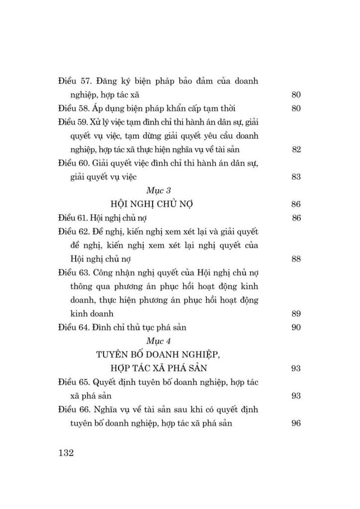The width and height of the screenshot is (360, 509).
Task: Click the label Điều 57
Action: pos(75,81)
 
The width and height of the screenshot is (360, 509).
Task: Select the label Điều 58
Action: pos(75,108)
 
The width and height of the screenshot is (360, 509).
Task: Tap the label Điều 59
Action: pos(74,122)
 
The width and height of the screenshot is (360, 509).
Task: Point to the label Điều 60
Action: pos(75,164)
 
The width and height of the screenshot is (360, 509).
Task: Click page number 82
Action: pos(296,150)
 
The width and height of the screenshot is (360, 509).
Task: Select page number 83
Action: pos(296,177)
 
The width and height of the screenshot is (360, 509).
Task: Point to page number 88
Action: pos(296,259)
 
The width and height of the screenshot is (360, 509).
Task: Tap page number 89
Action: pos(296,314)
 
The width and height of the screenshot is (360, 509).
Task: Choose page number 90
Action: pos(296,328)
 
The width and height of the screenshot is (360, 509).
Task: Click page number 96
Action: pos(296,424)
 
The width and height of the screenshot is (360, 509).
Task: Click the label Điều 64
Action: pos(75,328)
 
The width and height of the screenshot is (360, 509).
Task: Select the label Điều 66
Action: pos(75,410)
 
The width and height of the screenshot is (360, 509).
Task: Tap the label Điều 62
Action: pos(75,232)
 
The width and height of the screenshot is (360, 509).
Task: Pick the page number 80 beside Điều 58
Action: pos(296,108)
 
